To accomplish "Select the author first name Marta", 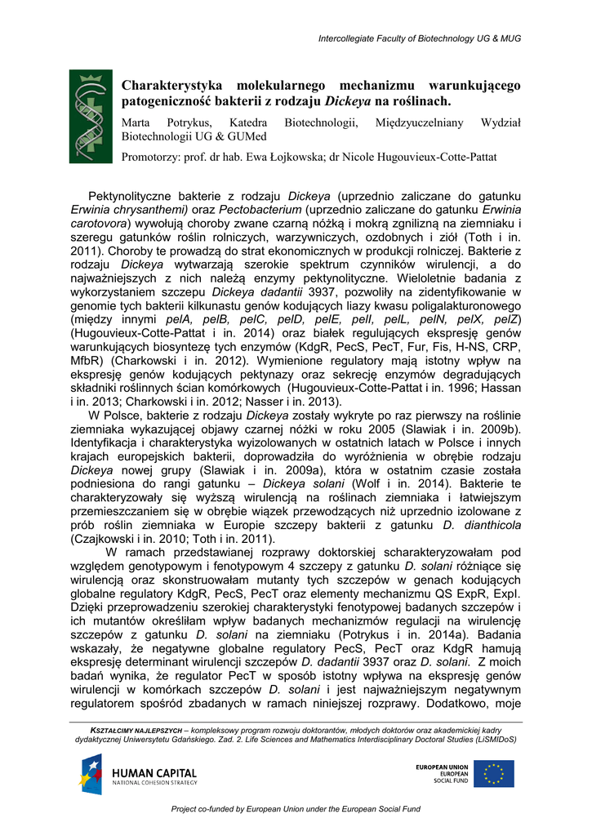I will pyautogui.click(x=136, y=122).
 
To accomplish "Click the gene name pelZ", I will pyautogui.click(x=505, y=318).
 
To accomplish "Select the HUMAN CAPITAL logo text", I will pyautogui.click(x=154, y=773).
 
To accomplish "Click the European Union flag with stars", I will pyautogui.click(x=494, y=773).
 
